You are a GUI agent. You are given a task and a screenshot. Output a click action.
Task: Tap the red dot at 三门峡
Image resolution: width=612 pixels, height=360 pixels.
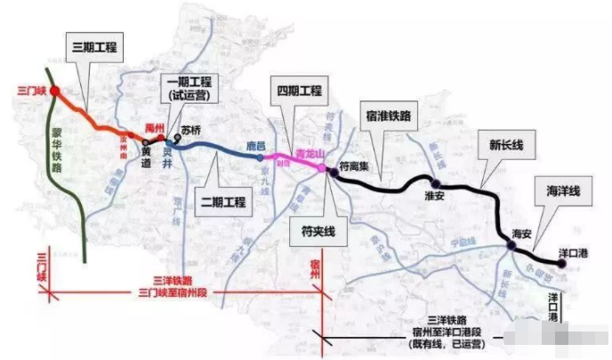coord(55,92)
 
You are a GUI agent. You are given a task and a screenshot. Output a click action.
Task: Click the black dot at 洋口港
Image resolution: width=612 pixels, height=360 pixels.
coord(560,238)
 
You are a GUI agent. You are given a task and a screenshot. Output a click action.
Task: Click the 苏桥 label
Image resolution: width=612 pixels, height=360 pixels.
coord(191,130)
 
